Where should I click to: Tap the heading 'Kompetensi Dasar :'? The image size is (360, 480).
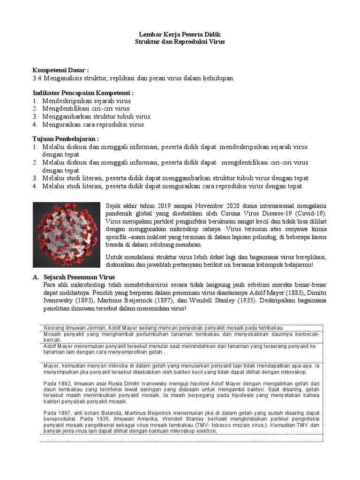pos(60,70)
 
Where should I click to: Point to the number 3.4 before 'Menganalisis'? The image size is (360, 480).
pos(37,78)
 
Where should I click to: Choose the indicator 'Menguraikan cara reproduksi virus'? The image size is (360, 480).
pos(93,125)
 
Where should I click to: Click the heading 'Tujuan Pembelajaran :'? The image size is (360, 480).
pos(66,139)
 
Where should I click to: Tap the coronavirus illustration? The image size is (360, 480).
pos(66,234)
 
